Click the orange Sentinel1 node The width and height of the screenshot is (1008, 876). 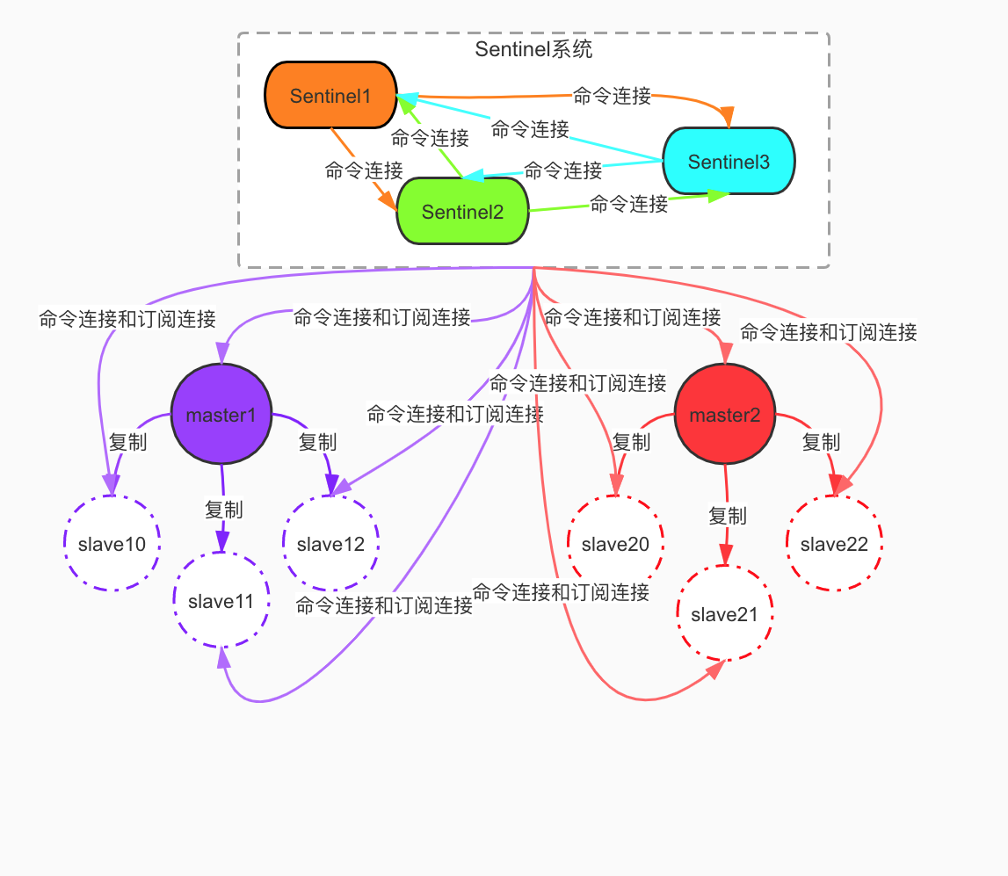330,95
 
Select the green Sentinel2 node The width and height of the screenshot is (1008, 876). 462,211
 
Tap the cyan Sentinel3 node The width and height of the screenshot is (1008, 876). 729,161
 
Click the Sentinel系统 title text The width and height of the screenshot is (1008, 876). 533,49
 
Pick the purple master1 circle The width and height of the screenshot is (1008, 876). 221,415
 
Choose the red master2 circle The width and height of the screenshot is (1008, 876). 724,415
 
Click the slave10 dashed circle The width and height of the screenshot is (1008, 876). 112,544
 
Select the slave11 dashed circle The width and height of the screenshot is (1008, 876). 221,602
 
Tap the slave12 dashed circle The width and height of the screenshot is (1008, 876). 330,544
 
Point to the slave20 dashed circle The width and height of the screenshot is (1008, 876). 615,544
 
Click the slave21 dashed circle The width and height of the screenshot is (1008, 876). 724,614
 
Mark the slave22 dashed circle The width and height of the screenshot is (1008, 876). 834,544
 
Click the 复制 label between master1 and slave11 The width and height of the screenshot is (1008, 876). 223,510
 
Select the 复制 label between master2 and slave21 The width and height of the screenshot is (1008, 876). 727,516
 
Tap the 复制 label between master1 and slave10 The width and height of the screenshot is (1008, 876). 127,442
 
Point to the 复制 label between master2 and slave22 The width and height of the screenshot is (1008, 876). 821,442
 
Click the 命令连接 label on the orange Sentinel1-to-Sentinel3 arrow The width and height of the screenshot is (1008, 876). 612,96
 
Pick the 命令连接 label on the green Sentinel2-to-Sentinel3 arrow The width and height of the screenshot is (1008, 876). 628,205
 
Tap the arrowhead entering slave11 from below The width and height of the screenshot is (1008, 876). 224,659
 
